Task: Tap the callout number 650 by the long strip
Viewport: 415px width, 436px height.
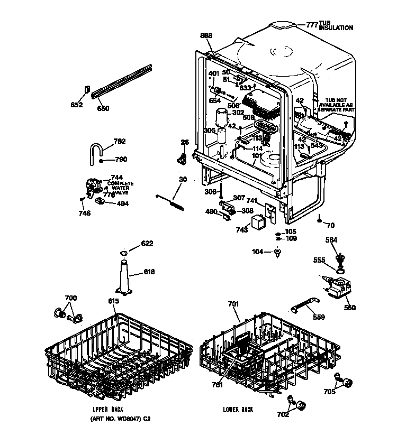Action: pos(103,109)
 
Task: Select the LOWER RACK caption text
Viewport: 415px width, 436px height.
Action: pos(238,410)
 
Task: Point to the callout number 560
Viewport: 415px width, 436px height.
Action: pos(349,308)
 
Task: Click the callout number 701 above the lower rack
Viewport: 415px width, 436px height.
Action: pos(233,304)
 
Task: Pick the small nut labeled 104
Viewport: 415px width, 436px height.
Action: pos(277,252)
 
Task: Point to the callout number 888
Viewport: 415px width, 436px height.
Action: pos(206,35)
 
